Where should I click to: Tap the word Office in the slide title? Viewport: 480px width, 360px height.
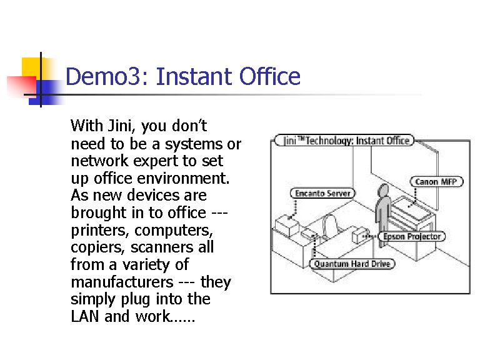(270, 77)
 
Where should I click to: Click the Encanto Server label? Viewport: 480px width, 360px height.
(323, 193)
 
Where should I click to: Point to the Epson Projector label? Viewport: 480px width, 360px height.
(412, 236)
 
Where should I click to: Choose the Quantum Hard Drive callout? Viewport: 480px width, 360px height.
(352, 264)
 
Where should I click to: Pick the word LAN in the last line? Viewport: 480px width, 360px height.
(85, 316)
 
